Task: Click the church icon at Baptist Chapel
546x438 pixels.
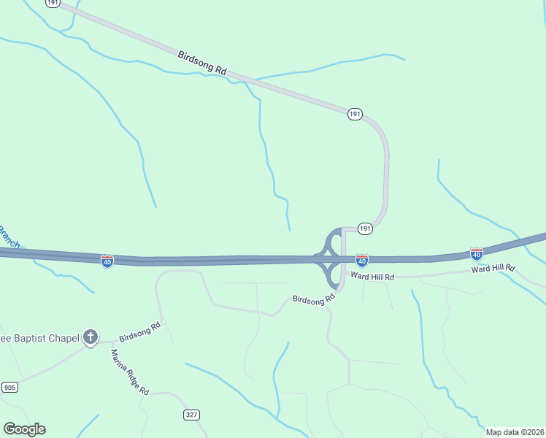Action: pos(90,337)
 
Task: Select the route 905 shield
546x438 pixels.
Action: pos(9,387)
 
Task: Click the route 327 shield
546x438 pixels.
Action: pos(191,415)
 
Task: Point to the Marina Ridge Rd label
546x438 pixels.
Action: pos(130,372)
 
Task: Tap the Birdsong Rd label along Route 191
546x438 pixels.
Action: pos(202,64)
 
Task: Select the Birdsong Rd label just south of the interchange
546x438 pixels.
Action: pos(313,299)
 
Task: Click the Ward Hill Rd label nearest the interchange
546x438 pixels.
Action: pos(372,277)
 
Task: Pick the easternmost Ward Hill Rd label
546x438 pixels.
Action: pos(493,269)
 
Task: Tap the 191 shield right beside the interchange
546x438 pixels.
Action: pos(365,228)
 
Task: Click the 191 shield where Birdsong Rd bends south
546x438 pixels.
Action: pos(354,114)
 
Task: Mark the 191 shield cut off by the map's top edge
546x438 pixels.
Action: pos(52,3)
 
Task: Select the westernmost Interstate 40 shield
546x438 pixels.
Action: pos(107,261)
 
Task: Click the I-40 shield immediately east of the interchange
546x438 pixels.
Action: pos(361,260)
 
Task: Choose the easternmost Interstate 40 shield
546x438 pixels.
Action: pos(476,253)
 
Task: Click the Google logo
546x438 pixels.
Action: pos(24,429)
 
